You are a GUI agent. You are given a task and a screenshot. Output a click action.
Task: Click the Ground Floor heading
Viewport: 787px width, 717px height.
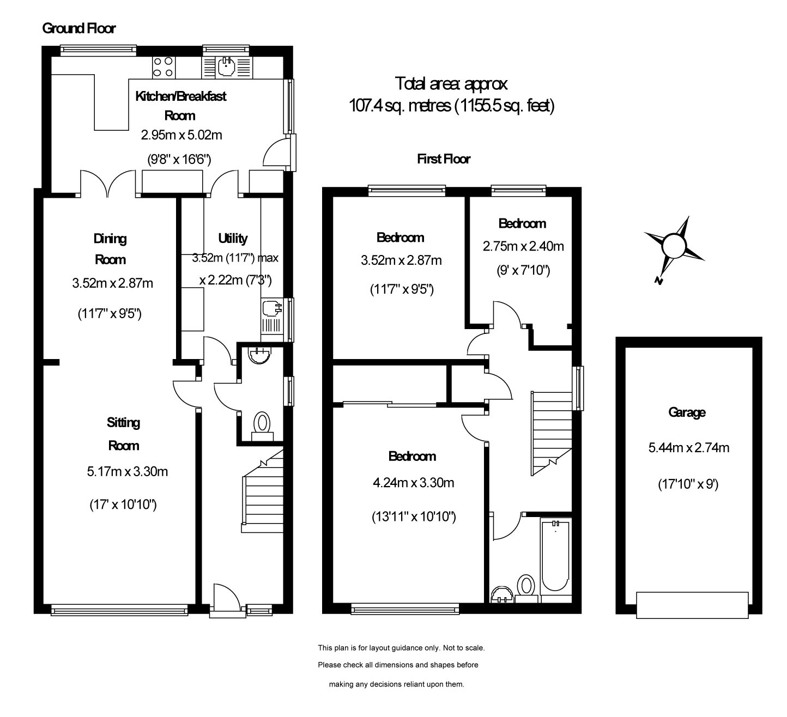[x=79, y=28]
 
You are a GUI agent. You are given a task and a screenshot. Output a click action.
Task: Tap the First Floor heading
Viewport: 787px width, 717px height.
[x=443, y=159]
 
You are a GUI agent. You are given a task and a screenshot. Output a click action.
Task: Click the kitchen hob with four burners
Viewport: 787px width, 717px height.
[x=164, y=67]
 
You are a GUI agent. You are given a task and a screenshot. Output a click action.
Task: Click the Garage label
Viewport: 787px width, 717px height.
[x=687, y=412]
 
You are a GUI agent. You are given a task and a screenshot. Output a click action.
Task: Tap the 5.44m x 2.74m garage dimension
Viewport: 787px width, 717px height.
[x=688, y=447]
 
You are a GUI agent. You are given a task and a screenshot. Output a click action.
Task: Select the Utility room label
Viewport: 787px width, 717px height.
[x=233, y=238]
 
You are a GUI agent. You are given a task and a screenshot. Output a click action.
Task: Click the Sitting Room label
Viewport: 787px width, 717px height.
[x=123, y=434]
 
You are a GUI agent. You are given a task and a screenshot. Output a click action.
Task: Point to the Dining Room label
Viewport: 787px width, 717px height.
[x=110, y=249]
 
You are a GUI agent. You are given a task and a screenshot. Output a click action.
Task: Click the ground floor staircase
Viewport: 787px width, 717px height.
[x=263, y=491]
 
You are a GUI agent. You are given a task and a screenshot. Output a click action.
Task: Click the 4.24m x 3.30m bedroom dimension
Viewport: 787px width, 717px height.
[x=414, y=482]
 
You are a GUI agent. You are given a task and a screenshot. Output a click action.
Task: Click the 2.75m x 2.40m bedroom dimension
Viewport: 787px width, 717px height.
[x=523, y=246]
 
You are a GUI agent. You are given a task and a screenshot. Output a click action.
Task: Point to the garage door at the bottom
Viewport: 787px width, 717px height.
[x=692, y=605]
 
